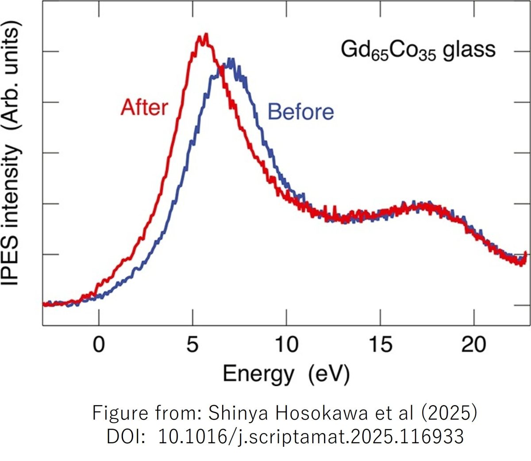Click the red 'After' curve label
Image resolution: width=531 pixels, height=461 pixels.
tap(144, 108)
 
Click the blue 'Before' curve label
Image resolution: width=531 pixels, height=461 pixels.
tap(300, 111)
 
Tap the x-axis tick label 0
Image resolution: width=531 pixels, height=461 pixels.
tap(99, 344)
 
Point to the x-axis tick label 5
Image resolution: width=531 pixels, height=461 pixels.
tap(192, 344)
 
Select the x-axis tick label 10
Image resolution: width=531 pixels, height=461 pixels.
tap(286, 344)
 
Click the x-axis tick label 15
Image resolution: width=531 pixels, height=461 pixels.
tap(380, 344)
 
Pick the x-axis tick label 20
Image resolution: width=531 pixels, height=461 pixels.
tap(473, 344)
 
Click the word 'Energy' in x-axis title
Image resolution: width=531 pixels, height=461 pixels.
tap(258, 374)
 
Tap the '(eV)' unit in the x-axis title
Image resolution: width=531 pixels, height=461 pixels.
tap(329, 374)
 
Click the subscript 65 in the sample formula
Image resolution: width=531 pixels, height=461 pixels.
tap(379, 55)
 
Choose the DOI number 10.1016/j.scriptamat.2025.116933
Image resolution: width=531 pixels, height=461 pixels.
tap(311, 436)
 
